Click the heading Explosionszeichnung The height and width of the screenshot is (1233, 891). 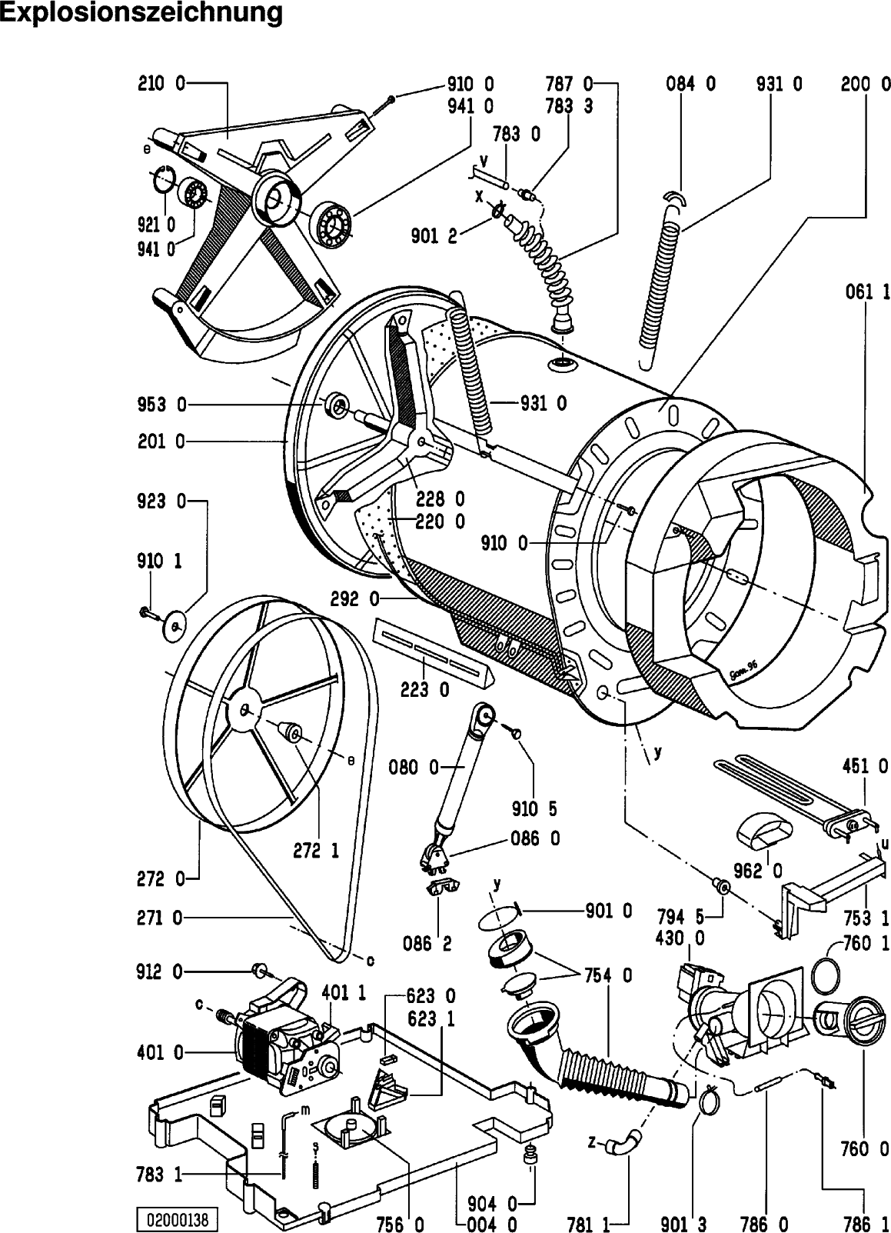point(141,13)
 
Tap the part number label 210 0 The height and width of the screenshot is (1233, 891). point(161,84)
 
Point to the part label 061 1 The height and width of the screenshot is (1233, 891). point(867,292)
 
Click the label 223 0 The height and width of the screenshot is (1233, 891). point(425,690)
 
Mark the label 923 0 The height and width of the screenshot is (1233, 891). point(161,502)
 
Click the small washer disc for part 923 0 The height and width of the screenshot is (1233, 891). point(176,624)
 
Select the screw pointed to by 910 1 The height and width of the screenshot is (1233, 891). point(146,612)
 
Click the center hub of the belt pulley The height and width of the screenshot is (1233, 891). point(244,709)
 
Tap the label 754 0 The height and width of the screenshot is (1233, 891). point(608,975)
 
